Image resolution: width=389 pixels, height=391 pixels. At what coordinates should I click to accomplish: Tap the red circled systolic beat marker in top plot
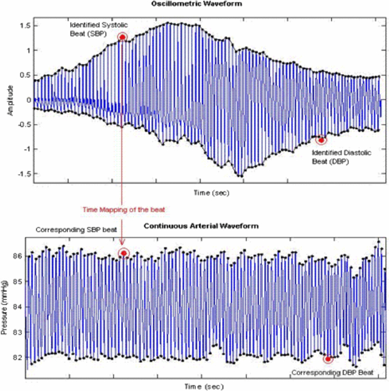point(122,37)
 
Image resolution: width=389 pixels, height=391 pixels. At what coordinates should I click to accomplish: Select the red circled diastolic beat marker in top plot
point(321,140)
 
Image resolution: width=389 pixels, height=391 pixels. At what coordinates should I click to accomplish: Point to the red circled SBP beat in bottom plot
point(124,253)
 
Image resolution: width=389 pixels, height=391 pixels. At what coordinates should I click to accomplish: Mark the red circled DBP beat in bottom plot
point(328,359)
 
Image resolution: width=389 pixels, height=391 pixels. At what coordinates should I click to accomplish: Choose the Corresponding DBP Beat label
point(333,373)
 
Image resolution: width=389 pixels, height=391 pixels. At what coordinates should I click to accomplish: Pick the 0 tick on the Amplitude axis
point(28,100)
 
